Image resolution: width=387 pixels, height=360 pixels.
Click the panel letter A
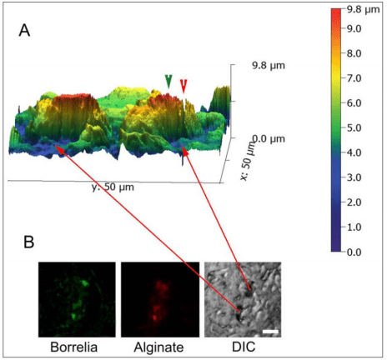click(27, 32)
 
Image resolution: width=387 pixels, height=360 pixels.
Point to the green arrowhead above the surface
click(169, 81)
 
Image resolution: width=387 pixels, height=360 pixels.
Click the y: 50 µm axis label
click(113, 187)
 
